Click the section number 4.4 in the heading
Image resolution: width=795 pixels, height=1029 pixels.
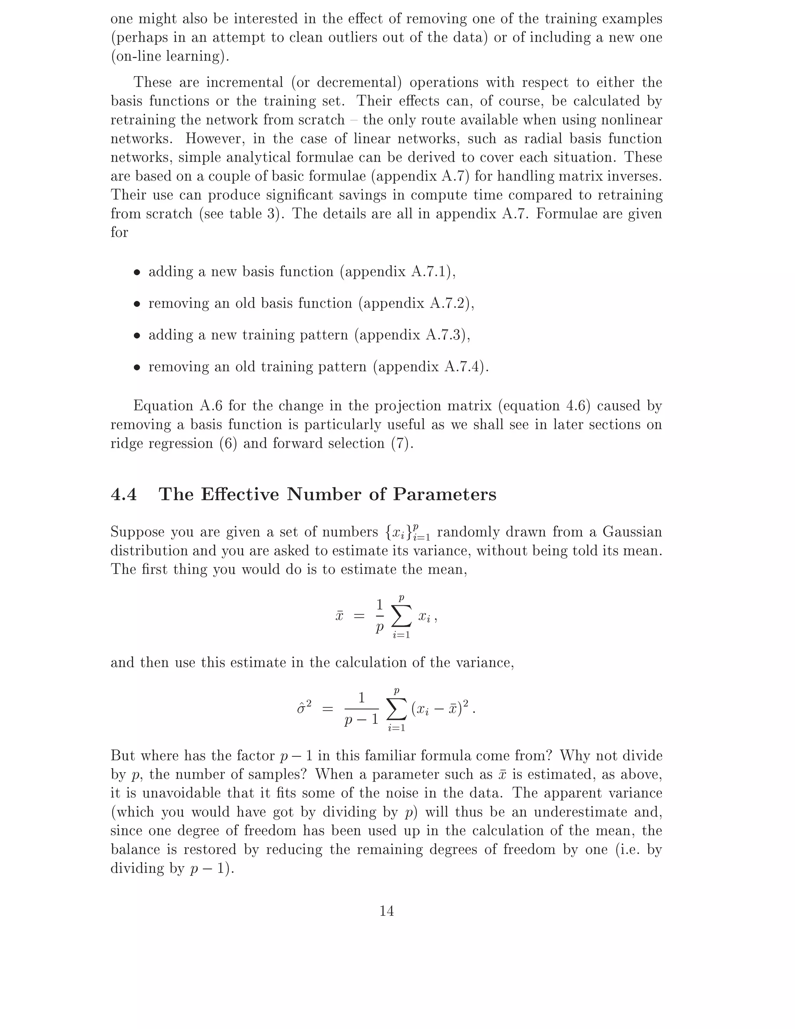point(124,494)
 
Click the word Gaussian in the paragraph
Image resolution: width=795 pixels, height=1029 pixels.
point(632,532)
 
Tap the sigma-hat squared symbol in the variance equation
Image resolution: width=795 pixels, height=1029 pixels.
point(304,707)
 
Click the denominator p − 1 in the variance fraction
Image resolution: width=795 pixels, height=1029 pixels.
point(361,720)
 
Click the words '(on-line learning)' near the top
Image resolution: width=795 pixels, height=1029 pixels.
point(170,56)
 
